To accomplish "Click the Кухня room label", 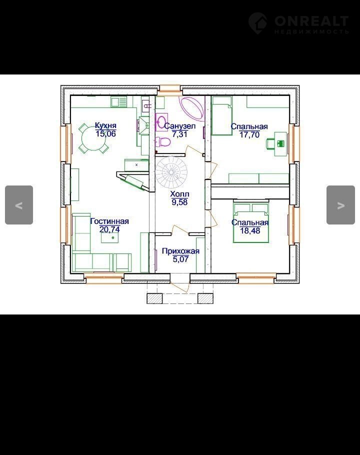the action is coord(105,125).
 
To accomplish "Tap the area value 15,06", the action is coord(105,134).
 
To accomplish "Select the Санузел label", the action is coord(180,126).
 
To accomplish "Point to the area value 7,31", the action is coord(180,134).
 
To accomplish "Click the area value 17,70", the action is coord(249,134).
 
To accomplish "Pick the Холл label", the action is coord(180,194).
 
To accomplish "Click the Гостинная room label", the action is coord(109,221).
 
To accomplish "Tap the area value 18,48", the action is coord(250,230).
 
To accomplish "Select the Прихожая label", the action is coord(180,251).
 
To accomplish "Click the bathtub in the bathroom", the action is coord(192,107).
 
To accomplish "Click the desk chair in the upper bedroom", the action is coord(270,143).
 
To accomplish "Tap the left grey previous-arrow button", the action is coord(19,205).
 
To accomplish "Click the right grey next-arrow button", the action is coord(340,205).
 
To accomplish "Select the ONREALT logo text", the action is coord(311,21).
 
